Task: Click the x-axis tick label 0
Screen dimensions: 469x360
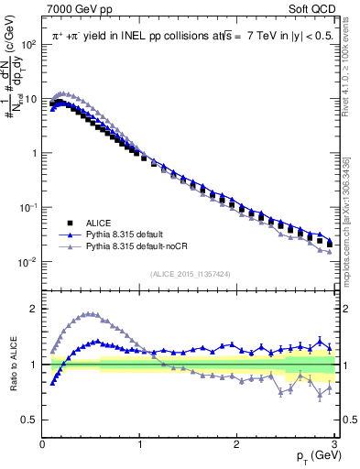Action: [42, 444]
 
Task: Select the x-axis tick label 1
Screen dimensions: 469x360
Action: [140, 444]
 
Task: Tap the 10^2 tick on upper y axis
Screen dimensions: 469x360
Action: [27, 44]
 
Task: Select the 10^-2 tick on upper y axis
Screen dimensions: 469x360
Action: [27, 262]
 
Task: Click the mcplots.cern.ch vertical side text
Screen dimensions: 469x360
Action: [352, 220]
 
